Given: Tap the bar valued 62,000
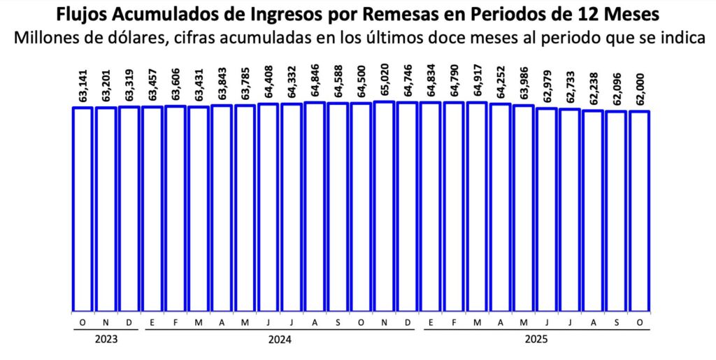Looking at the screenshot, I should click(x=640, y=210).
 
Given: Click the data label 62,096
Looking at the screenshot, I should click(x=617, y=87).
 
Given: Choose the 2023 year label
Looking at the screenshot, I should click(x=106, y=340).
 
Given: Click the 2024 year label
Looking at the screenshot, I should click(x=280, y=340).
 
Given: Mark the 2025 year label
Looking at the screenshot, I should click(x=536, y=340).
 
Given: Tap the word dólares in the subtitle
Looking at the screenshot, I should click(x=146, y=37).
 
